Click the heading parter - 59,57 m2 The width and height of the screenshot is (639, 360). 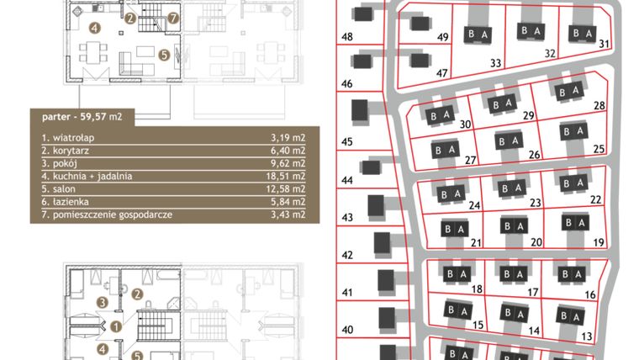(75, 117)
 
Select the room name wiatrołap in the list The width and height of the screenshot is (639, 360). (67, 135)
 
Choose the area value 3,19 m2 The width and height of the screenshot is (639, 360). (284, 135)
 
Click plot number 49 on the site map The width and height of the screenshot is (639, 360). (442, 37)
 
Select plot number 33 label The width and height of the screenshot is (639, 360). (495, 63)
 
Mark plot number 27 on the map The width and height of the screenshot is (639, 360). (471, 160)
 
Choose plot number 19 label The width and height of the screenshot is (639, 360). (599, 242)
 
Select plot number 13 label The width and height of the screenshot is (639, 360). (587, 336)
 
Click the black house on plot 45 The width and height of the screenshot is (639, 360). (360, 111)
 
